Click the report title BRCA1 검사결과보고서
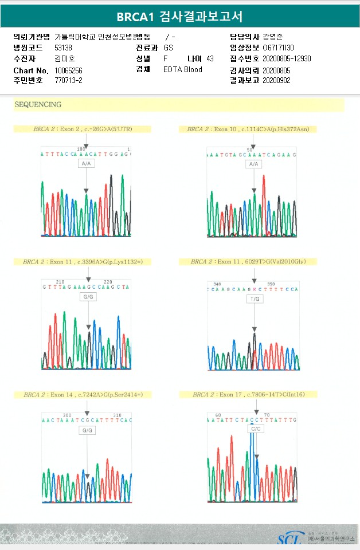pyautogui.click(x=179, y=16)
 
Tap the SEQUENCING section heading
pyautogui.click(x=38, y=105)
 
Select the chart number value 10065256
pyautogui.click(x=69, y=70)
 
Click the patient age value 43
pyautogui.click(x=210, y=59)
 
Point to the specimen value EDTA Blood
pyautogui.click(x=183, y=70)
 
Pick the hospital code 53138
pyautogui.click(x=63, y=48)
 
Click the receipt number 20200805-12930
pyautogui.click(x=287, y=59)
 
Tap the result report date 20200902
pyautogui.click(x=276, y=81)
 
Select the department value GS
pyautogui.click(x=168, y=48)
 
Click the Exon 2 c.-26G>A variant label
pyautogui.click(x=83, y=129)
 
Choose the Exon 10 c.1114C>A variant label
pyautogui.click(x=248, y=129)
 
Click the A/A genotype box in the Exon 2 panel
pyautogui.click(x=86, y=163)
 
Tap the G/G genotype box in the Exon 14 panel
pyautogui.click(x=87, y=430)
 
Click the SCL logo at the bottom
pyautogui.click(x=291, y=539)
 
